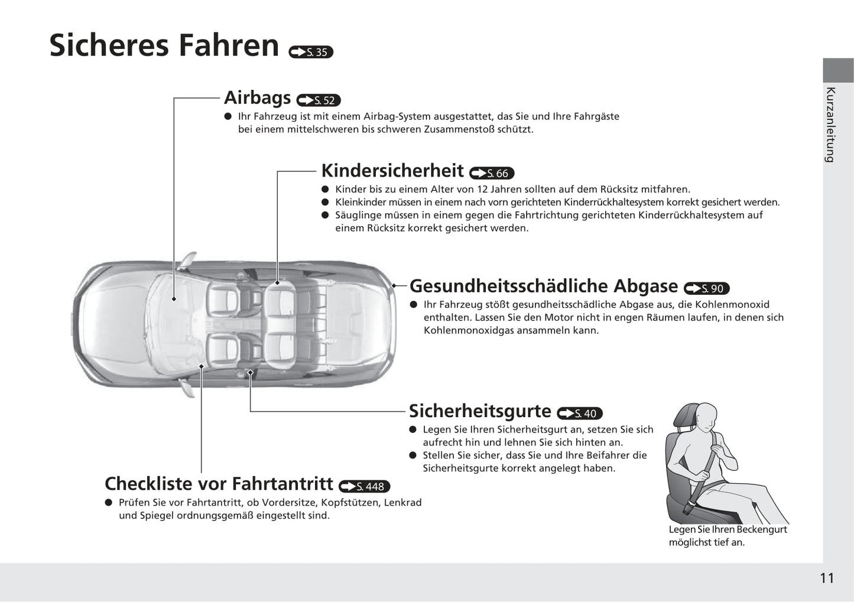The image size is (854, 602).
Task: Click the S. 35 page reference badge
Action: coord(311,52)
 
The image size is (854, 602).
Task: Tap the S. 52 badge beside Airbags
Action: coord(319,100)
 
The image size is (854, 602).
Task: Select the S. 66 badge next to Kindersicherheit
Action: coord(492,173)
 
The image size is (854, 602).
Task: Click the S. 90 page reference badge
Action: coord(706,288)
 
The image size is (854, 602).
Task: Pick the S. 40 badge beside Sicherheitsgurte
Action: coord(580,413)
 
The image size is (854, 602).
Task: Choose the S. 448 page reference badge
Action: coord(365,486)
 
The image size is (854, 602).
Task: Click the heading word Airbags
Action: coord(257,97)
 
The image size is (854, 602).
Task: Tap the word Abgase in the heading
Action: coord(645,287)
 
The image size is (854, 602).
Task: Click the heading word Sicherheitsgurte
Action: coord(480,411)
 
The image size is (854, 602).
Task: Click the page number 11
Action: coord(827,578)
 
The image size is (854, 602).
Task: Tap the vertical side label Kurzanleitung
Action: coord(830,125)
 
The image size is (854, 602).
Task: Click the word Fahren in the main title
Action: coord(229,45)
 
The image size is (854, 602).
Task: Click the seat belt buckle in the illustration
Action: coord(689,507)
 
